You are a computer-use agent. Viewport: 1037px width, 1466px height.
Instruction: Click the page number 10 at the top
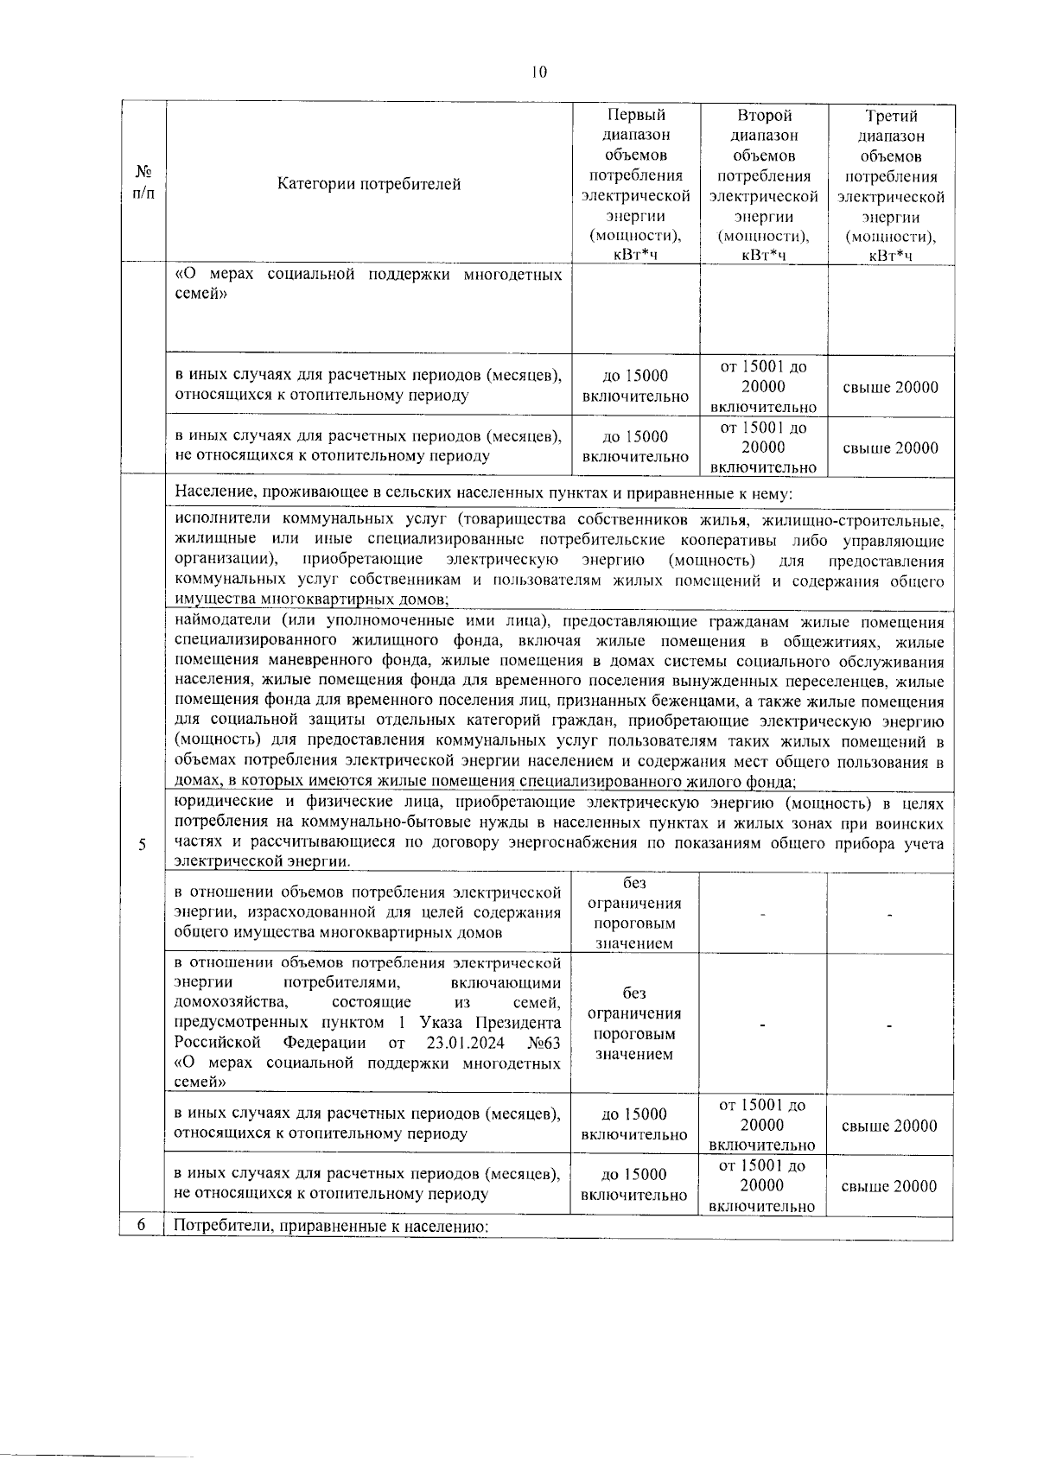click(539, 73)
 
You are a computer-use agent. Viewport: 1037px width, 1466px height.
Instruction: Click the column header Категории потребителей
click(369, 184)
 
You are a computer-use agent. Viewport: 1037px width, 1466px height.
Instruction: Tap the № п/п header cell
click(143, 182)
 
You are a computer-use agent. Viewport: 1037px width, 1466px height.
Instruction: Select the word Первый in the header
click(637, 115)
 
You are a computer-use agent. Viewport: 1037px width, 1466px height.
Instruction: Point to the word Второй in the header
click(764, 115)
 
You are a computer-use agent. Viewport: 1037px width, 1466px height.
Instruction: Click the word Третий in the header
click(891, 116)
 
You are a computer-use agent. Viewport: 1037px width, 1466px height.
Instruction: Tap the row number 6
click(141, 1227)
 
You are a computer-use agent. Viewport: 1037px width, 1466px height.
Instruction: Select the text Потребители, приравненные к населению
click(332, 1228)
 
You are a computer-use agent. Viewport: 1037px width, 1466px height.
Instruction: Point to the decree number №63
click(544, 1043)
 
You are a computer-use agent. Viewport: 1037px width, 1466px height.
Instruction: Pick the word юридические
click(223, 803)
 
